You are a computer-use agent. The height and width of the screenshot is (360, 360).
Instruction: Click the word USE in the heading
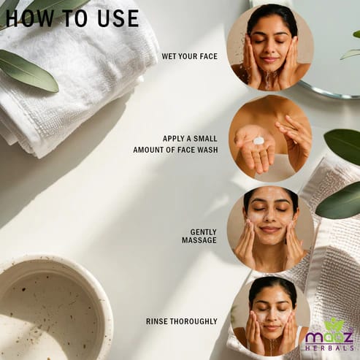(x=118, y=18)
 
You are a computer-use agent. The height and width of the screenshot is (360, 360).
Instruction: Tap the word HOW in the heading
(x=29, y=18)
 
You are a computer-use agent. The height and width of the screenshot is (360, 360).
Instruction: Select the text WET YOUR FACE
(x=190, y=56)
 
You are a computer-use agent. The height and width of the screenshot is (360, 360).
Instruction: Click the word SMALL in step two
(x=205, y=139)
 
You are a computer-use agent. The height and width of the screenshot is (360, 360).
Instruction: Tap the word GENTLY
(x=204, y=232)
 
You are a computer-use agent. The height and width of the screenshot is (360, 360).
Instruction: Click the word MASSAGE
(x=199, y=240)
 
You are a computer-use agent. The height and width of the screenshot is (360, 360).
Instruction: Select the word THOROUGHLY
(x=194, y=321)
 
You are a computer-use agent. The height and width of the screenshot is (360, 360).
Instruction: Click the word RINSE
(x=157, y=321)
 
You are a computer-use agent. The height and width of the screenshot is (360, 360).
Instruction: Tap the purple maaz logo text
(x=329, y=337)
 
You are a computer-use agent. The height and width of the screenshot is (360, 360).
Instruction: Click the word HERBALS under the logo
(x=329, y=348)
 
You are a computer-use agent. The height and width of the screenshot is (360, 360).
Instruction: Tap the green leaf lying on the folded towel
(x=27, y=71)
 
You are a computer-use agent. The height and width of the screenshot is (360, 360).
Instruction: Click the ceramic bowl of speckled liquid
(x=53, y=308)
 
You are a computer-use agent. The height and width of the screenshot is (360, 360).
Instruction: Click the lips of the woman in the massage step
(x=269, y=229)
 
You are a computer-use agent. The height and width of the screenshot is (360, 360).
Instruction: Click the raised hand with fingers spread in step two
(x=294, y=139)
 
